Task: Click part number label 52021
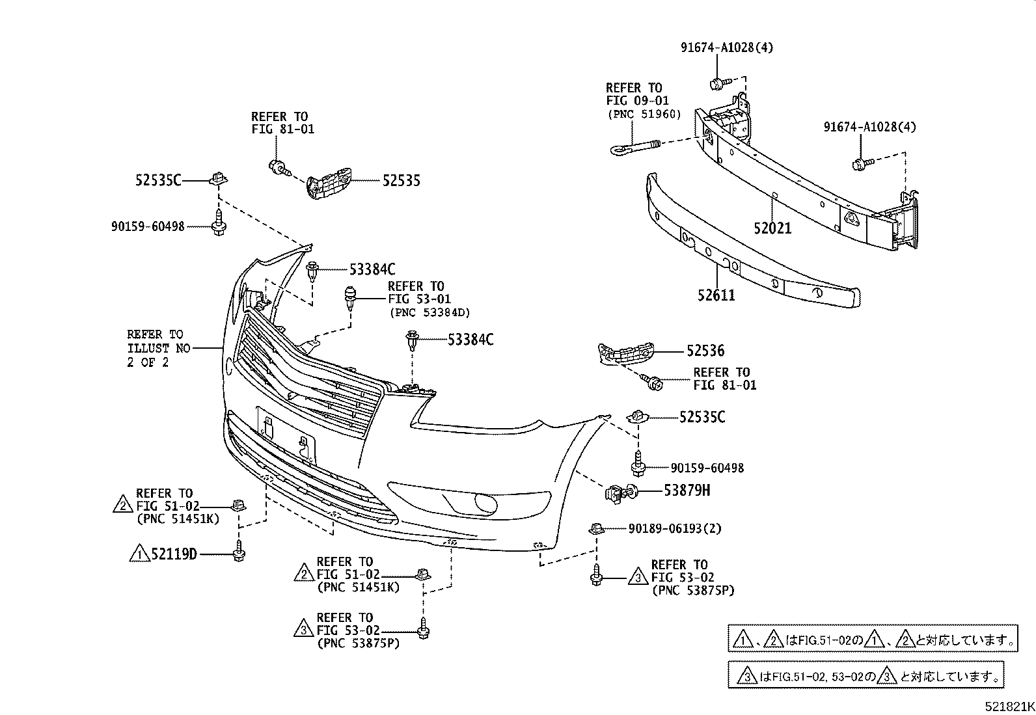click(x=772, y=228)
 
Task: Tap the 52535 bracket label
click(x=401, y=181)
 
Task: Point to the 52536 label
click(x=705, y=351)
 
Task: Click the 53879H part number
click(x=687, y=491)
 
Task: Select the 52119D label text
click(x=174, y=554)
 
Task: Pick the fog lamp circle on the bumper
click(x=485, y=502)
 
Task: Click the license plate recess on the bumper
click(x=286, y=435)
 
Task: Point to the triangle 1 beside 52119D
click(x=139, y=554)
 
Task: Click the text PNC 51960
click(x=644, y=114)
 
